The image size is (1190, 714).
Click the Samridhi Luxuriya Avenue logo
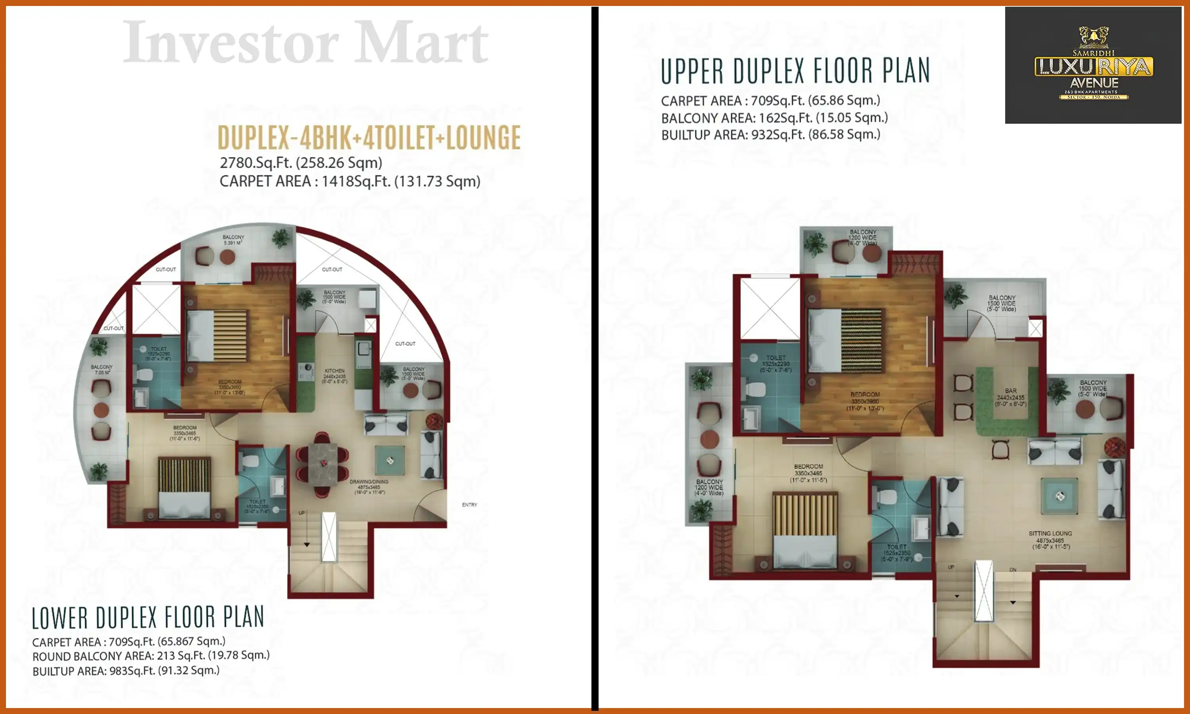(1093, 65)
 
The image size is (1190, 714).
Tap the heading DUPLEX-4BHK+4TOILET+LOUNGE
(369, 138)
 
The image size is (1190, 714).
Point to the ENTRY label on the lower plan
(470, 505)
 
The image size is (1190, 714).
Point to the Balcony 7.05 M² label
(102, 370)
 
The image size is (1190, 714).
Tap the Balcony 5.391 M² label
(233, 240)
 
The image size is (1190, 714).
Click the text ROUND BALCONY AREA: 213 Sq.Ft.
(151, 656)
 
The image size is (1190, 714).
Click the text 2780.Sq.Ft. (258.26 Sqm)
(301, 163)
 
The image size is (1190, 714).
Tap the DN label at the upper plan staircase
(1013, 570)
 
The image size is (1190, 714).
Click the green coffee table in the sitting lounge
(1059, 496)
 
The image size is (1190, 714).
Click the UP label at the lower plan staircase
(301, 513)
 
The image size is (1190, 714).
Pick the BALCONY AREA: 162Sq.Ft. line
(774, 118)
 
